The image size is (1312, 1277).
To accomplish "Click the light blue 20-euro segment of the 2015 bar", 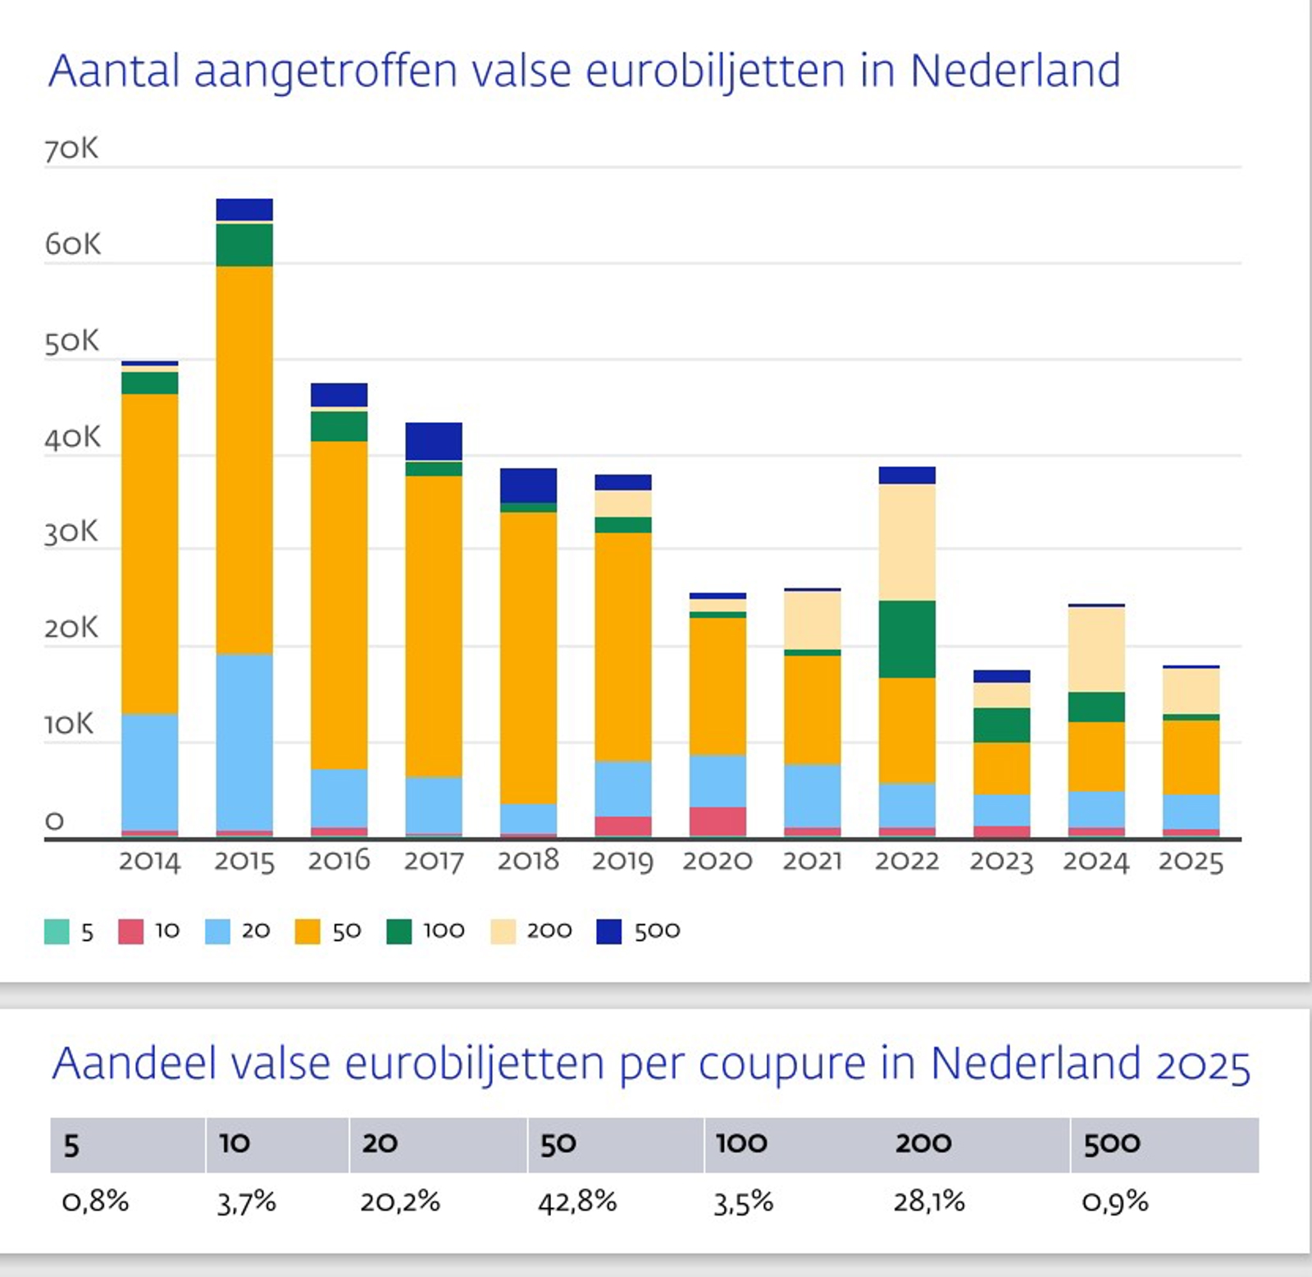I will (244, 742).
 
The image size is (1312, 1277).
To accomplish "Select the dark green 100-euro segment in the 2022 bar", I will (906, 638).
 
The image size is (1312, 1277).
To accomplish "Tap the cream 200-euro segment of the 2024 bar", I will (1096, 649).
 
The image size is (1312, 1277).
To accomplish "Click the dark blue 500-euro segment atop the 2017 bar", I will (434, 441).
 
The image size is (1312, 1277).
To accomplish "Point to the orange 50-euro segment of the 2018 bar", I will (528, 657).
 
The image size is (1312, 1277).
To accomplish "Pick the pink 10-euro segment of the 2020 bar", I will (717, 820).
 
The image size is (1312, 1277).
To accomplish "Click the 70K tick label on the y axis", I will (71, 149).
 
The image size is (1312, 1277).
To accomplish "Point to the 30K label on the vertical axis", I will (71, 533).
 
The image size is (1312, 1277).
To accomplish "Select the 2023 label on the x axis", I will (1001, 861).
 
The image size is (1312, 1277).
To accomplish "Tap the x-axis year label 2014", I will (149, 861).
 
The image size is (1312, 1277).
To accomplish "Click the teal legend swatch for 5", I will (57, 931).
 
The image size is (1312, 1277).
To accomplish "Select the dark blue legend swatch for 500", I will (608, 931).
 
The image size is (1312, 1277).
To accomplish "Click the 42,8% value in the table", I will (577, 1202).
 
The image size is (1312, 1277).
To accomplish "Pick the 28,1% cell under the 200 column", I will (929, 1202).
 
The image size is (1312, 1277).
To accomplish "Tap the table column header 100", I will (741, 1143).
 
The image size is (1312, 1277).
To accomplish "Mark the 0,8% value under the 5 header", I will (96, 1202).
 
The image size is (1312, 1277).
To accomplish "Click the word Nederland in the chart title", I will (1014, 70).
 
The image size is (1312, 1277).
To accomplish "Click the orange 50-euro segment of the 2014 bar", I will (149, 553).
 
